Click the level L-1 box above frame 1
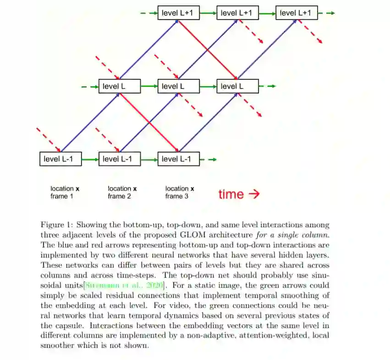(x=61, y=159)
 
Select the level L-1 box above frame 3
(x=179, y=159)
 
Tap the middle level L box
(x=179, y=86)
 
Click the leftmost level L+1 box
(x=179, y=13)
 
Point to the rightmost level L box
(x=237, y=86)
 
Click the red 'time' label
(x=231, y=194)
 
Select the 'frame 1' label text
(x=62, y=196)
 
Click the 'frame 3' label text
(x=177, y=196)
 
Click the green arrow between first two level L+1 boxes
(x=208, y=13)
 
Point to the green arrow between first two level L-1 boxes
(x=90, y=159)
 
